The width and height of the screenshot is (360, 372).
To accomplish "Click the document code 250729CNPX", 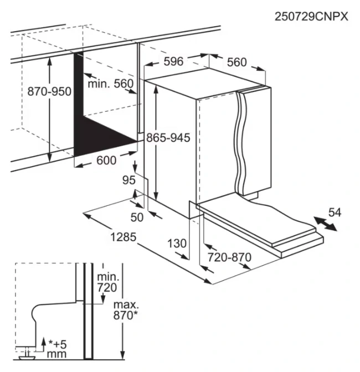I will click(x=311, y=17).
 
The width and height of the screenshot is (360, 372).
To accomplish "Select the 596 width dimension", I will click(x=173, y=61).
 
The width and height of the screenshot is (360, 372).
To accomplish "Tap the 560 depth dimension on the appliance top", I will click(x=236, y=63).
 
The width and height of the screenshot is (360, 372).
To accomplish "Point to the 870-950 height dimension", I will click(x=49, y=91).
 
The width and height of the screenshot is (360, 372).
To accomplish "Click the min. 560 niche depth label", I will click(x=111, y=84).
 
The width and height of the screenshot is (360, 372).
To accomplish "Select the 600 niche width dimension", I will click(x=106, y=161).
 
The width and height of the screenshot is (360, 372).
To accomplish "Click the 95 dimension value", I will click(x=128, y=180).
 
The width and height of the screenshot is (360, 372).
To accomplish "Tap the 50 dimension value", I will click(x=136, y=217).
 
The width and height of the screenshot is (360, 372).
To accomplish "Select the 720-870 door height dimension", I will click(x=229, y=257).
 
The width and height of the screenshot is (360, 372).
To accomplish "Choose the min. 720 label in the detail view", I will click(x=107, y=282).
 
